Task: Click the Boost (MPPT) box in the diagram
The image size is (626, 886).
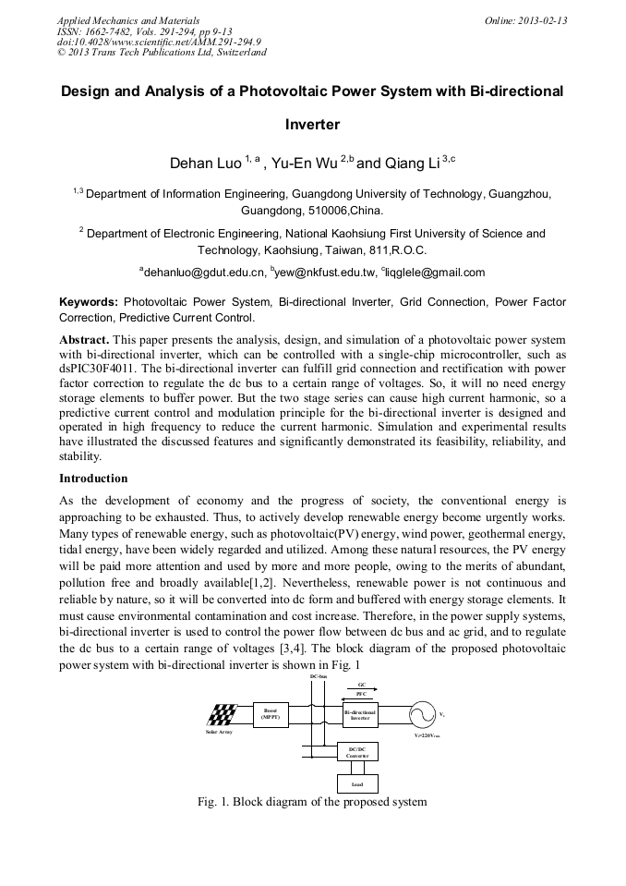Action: (x=271, y=713)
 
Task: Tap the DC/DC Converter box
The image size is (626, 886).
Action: (x=357, y=752)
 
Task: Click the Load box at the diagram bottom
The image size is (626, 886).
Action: (x=357, y=784)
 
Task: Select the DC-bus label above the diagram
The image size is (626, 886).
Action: (x=319, y=677)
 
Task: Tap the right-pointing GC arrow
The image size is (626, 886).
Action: (x=361, y=689)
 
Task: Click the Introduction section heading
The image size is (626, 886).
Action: (x=93, y=479)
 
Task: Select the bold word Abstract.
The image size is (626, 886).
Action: (x=84, y=340)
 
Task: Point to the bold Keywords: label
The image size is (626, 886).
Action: (x=89, y=302)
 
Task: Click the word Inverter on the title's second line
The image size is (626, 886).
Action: (x=312, y=125)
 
